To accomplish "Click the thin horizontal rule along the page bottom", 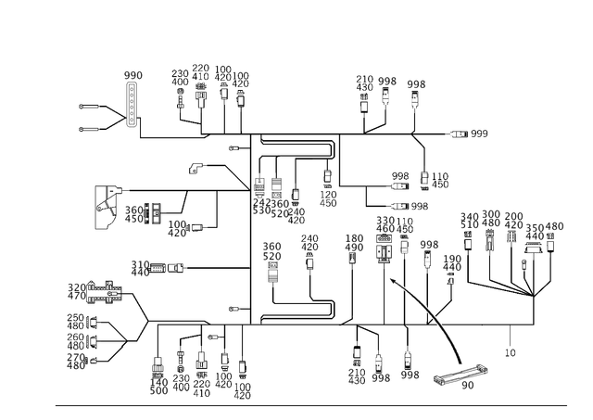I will (310, 406).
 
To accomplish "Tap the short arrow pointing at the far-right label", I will (457, 135).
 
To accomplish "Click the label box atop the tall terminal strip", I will (132, 74).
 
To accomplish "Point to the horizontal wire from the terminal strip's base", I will (171, 137).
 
